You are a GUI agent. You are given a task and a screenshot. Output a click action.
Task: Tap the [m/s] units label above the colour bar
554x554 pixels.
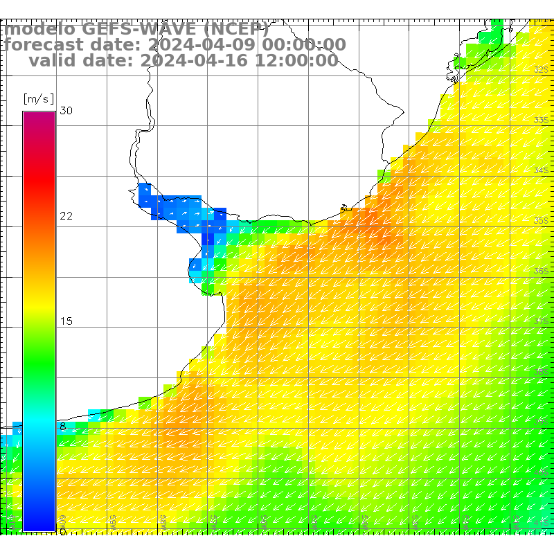pyautogui.click(x=39, y=98)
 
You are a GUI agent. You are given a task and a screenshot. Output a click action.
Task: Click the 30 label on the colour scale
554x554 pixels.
pyautogui.click(x=66, y=111)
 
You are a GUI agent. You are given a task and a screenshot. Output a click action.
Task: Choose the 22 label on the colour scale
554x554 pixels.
pyautogui.click(x=66, y=216)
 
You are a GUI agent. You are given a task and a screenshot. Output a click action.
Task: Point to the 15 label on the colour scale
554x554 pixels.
pyautogui.click(x=66, y=321)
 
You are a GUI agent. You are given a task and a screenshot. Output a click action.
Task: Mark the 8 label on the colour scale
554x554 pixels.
pyautogui.click(x=63, y=427)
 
